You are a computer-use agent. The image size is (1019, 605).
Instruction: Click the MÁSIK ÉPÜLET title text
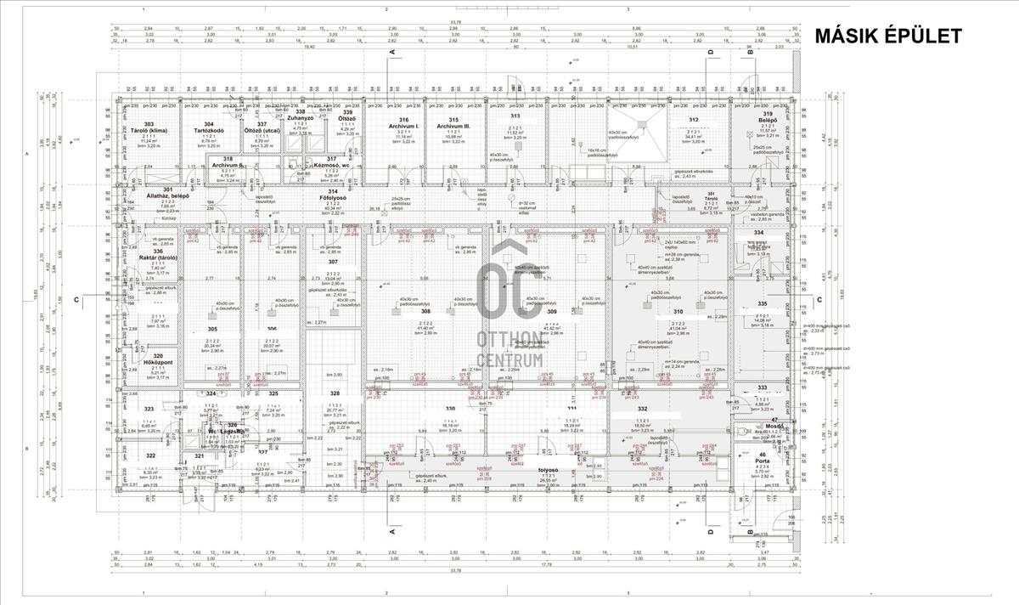click(x=887, y=36)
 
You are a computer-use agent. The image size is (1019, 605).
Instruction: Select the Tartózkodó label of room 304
click(x=209, y=132)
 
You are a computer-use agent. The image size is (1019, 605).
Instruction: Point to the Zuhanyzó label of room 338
click(x=300, y=118)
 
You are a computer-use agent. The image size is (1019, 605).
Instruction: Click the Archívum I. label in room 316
click(x=403, y=126)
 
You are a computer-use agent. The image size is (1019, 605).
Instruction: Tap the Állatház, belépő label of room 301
click(x=167, y=195)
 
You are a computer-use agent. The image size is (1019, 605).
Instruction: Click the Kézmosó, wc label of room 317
click(x=331, y=165)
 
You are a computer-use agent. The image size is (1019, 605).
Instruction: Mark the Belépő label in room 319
click(x=767, y=122)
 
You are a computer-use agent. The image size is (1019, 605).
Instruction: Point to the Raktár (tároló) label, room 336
click(x=158, y=257)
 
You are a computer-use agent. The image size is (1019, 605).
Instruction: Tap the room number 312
click(x=694, y=120)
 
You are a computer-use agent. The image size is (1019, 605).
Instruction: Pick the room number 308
click(x=425, y=312)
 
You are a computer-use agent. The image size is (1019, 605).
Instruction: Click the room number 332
click(x=641, y=410)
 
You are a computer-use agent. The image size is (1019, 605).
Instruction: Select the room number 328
click(x=335, y=393)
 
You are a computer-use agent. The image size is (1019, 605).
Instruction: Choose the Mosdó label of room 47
click(x=774, y=426)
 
